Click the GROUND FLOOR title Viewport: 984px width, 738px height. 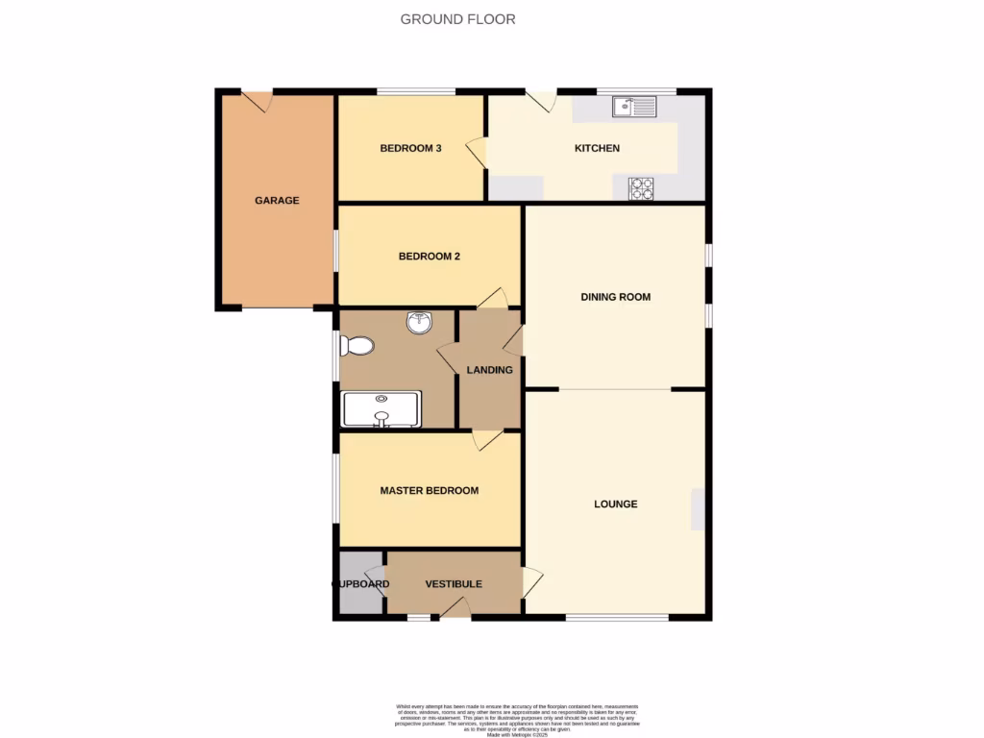(x=457, y=19)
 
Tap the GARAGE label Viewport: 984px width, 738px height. (x=277, y=201)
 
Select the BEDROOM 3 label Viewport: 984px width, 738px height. (x=410, y=148)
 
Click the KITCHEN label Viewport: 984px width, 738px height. (x=597, y=148)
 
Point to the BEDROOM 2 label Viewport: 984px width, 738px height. (x=430, y=257)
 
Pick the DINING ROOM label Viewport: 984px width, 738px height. (x=615, y=297)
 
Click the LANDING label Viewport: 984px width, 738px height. (x=489, y=370)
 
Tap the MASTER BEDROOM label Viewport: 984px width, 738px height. (x=429, y=490)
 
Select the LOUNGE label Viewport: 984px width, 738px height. (x=615, y=504)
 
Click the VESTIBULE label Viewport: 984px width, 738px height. (x=454, y=583)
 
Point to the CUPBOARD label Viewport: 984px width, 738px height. (x=360, y=584)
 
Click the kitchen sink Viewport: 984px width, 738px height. (x=634, y=107)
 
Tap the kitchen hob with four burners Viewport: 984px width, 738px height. (x=641, y=189)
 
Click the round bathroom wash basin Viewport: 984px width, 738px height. (x=419, y=324)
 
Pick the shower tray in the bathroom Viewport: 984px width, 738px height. (x=381, y=408)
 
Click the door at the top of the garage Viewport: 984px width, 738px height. (x=258, y=101)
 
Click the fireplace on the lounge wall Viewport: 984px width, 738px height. (x=697, y=508)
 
